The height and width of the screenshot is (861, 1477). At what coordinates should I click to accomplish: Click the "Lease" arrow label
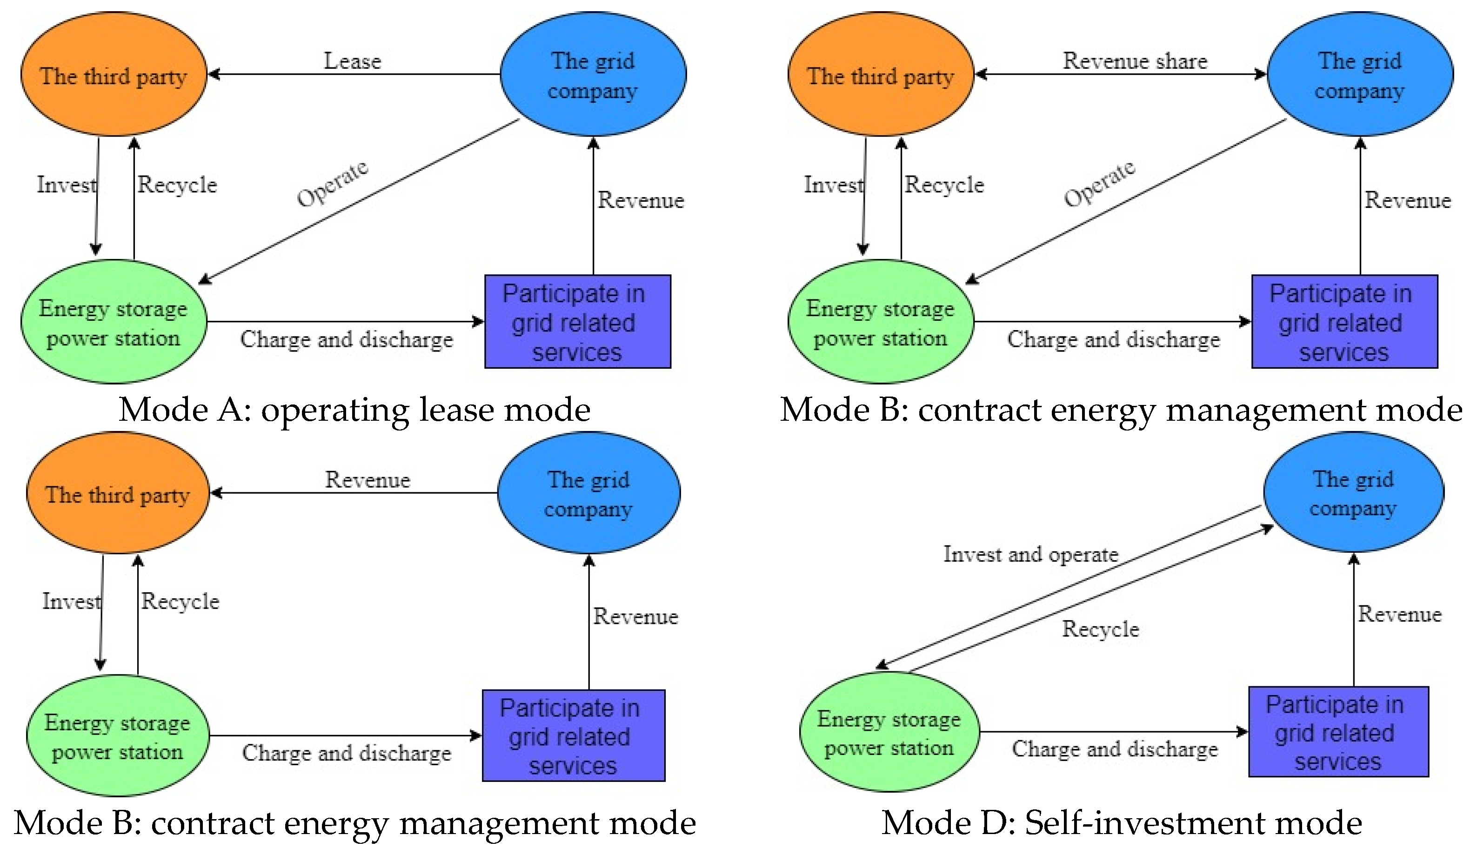352,61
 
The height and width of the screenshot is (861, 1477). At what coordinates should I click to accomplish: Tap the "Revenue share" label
1135,61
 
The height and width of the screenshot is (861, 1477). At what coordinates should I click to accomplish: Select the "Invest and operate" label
1030,554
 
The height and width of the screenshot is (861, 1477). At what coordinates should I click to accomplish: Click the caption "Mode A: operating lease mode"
354,410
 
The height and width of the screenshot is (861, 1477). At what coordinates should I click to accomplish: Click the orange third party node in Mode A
114,74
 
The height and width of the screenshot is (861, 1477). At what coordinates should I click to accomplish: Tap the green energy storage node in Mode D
889,732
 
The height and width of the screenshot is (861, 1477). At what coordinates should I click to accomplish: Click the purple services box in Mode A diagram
577,322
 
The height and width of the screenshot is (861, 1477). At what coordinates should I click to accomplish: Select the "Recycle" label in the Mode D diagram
1101,629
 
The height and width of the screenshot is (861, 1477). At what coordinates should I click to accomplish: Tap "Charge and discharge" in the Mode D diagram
1115,749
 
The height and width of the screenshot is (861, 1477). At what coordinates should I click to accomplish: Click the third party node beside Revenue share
880,74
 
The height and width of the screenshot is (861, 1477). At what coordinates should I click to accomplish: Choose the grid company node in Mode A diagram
593,74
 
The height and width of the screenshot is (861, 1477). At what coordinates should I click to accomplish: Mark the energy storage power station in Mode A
114,322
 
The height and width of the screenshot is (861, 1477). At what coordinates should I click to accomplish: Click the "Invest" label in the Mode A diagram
66,185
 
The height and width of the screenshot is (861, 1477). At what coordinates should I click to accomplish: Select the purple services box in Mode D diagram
1338,732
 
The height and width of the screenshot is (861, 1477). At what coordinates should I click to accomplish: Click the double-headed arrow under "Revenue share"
1119,74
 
